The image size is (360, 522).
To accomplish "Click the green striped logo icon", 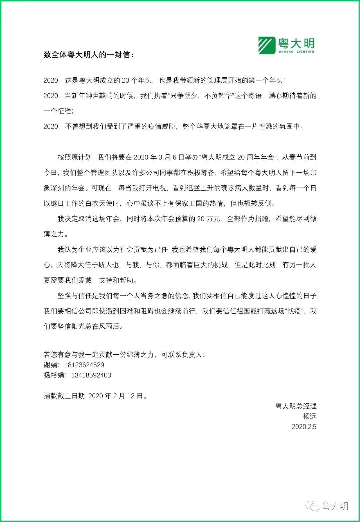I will [266, 45].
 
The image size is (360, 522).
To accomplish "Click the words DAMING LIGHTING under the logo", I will [296, 52].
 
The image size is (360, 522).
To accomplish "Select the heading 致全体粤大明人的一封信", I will [88, 55].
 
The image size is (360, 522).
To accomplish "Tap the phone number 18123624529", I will [84, 365].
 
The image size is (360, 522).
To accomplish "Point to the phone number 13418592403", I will [91, 375].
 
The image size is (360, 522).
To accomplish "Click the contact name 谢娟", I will [51, 365].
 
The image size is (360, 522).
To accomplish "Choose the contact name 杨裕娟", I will [54, 375].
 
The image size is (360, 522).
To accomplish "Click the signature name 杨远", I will [309, 416].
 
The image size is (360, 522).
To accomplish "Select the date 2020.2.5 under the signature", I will [304, 427].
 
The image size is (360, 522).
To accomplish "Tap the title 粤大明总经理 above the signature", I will [296, 406].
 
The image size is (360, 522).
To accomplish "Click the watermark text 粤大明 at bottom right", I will [335, 506].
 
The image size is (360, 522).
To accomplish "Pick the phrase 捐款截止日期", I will [64, 396].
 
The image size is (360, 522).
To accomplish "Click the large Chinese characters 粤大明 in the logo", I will [296, 43].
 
